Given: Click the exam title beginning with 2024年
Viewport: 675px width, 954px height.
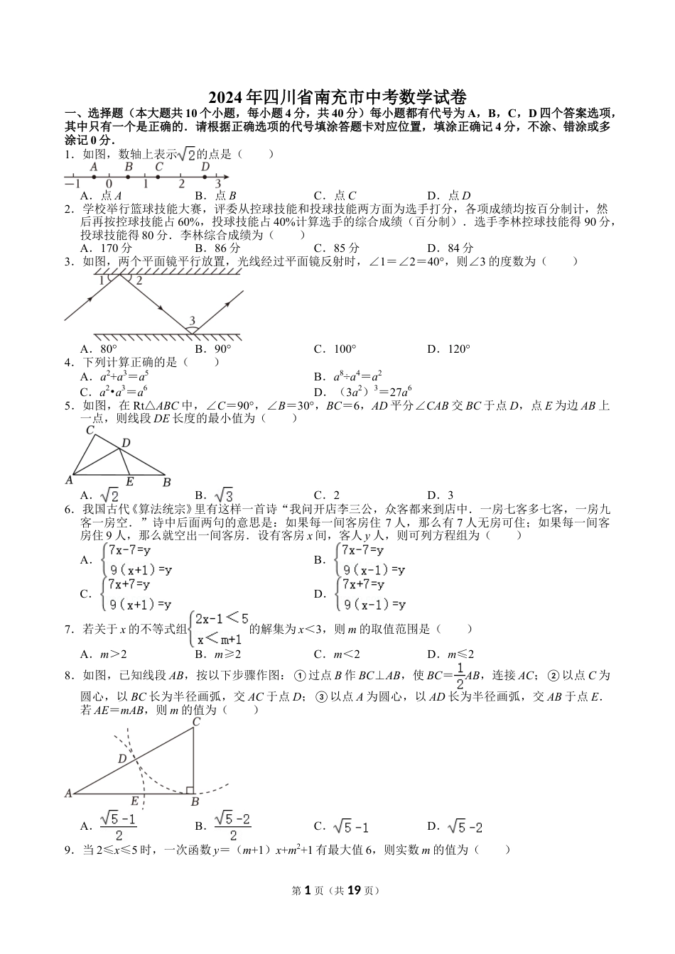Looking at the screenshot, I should pos(337,97).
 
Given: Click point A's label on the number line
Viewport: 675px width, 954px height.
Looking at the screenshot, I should pos(93,167).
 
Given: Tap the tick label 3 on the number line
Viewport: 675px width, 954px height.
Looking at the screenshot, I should pos(217,184).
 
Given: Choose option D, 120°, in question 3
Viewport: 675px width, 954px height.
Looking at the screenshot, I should pos(449,349).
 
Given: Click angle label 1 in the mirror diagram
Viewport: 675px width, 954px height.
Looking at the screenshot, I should pos(102,280).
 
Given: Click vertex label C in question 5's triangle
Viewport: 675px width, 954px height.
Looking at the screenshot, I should pos(90,430).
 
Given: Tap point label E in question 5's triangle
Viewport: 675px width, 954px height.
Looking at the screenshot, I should pos(130,481).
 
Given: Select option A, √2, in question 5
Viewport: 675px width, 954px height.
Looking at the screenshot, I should pos(100,495).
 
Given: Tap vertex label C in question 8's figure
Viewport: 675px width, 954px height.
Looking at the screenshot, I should pos(196,722).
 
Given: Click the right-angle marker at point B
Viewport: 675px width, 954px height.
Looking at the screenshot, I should pos(190,789).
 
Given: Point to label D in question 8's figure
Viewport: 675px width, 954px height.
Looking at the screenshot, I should pos(121,759).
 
